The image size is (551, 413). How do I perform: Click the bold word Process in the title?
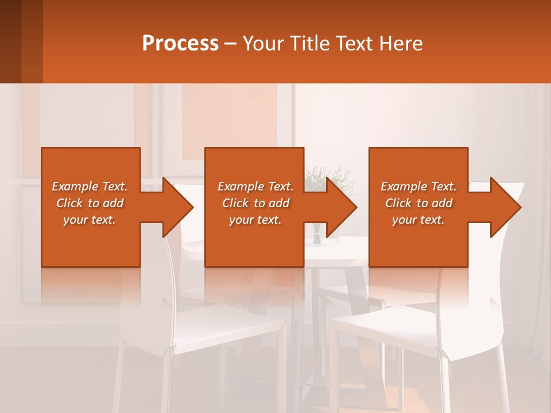pos(180,43)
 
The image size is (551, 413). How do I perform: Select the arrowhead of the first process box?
pos(176,207)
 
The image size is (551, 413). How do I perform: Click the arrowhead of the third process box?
pos(504,207)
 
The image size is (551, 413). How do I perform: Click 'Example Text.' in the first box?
pos(90,186)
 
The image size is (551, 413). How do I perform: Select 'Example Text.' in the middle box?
pos(255,186)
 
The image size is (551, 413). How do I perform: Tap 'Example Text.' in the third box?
pos(418,186)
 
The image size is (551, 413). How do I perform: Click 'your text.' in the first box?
pos(90,220)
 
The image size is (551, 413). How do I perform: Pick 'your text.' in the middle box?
pos(255,220)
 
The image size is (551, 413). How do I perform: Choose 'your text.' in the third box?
pos(418,220)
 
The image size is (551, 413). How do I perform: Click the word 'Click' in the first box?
pos(70,203)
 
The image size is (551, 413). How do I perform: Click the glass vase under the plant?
pos(317,235)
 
